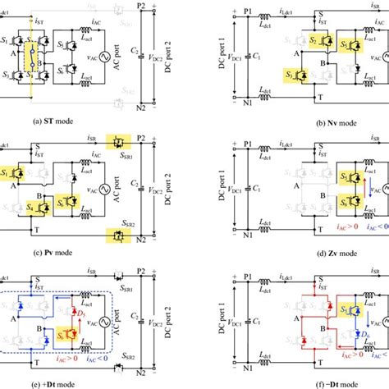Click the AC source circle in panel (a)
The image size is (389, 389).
(x=100, y=57)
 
